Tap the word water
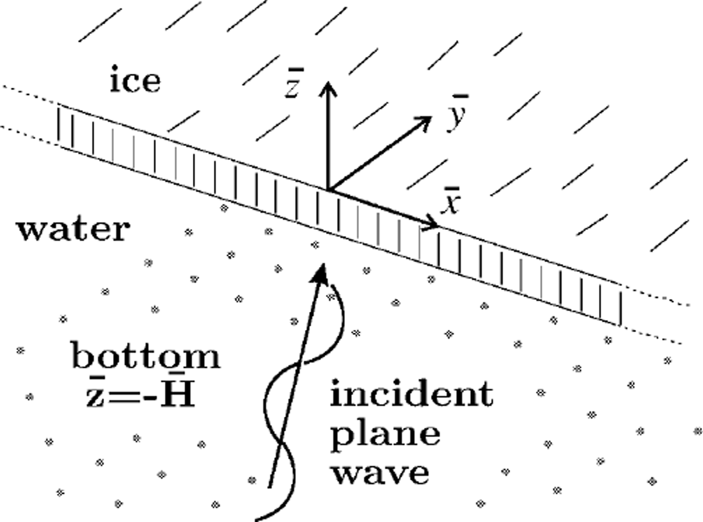click(x=73, y=230)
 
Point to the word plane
click(x=385, y=434)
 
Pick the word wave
click(x=381, y=472)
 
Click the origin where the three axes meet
click(x=328, y=190)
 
